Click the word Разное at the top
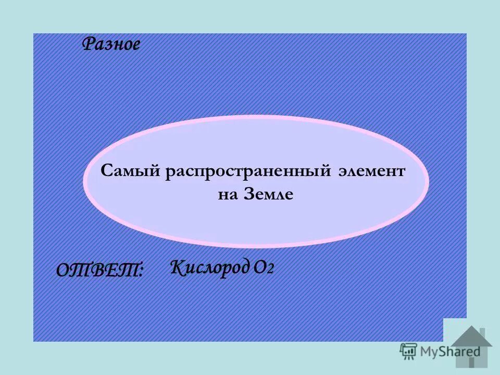111,45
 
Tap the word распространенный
249,171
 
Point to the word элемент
371,171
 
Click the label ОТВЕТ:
99,270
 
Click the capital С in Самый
106,171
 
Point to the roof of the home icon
471,335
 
